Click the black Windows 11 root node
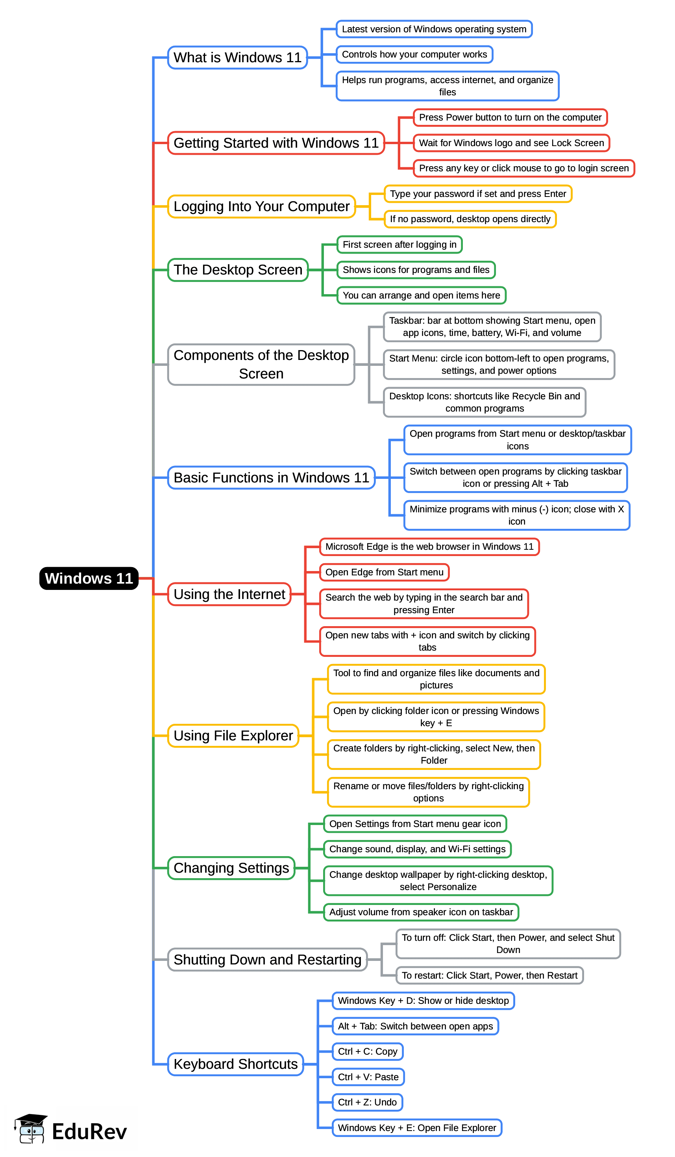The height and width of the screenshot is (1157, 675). [89, 578]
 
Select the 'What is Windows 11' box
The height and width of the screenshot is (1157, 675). [237, 57]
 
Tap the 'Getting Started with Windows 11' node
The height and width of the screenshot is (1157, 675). [276, 143]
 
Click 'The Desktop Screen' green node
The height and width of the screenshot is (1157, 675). [238, 269]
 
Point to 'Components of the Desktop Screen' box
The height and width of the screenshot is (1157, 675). [261, 364]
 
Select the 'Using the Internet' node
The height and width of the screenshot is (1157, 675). [229, 594]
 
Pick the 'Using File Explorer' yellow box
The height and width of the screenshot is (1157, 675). [233, 736]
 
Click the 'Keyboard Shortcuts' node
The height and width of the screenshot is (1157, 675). [235, 1064]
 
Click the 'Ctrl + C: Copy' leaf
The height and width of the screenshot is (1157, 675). [367, 1051]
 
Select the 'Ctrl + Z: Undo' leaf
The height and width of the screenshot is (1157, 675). [367, 1102]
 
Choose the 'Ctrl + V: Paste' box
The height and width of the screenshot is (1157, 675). [368, 1077]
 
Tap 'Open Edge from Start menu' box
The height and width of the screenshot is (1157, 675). [384, 572]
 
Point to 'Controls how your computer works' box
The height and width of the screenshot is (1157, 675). [414, 54]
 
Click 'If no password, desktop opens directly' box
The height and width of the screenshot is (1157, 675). [470, 219]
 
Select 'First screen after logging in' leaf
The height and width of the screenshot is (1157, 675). [399, 244]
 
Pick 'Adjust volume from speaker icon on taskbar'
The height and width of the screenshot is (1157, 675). [421, 912]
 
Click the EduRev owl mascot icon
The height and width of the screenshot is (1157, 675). [31, 1130]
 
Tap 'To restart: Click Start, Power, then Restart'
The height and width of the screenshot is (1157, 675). [489, 975]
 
